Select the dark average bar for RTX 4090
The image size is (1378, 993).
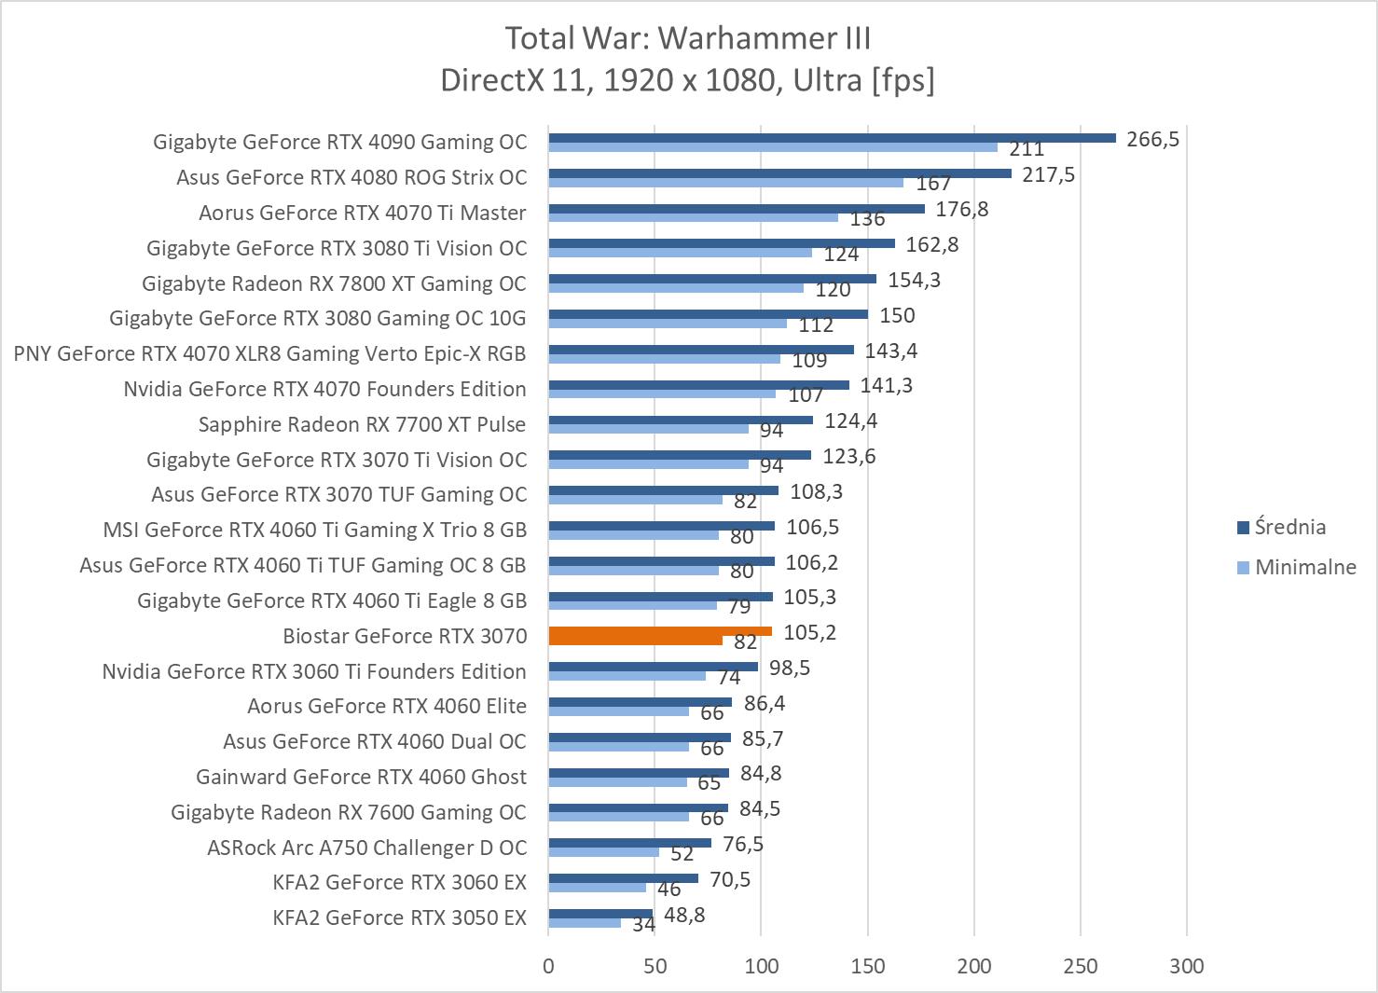click(x=832, y=138)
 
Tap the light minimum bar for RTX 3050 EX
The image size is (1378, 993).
click(x=585, y=923)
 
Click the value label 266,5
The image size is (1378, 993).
click(x=1152, y=140)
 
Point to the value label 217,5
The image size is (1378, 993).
click(x=1048, y=175)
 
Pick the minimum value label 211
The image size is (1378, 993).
click(x=1027, y=149)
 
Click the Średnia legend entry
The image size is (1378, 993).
click(x=1289, y=527)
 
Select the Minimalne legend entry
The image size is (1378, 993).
click(x=1304, y=567)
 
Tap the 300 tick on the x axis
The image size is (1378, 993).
click(x=1187, y=966)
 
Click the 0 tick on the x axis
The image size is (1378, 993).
click(x=548, y=966)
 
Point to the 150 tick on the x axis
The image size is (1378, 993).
click(x=868, y=966)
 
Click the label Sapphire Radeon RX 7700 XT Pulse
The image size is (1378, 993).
click(x=362, y=424)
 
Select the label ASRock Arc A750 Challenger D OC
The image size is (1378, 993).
click(x=366, y=848)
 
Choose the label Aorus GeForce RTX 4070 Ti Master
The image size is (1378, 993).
click(x=362, y=213)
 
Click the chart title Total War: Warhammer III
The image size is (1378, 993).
click(x=688, y=38)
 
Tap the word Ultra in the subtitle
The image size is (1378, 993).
click(x=827, y=80)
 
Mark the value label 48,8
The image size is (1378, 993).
click(x=684, y=916)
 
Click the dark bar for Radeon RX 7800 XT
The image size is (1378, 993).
click(x=712, y=279)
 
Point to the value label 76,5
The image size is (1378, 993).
click(x=743, y=845)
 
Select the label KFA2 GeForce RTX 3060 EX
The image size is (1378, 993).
click(x=399, y=882)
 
